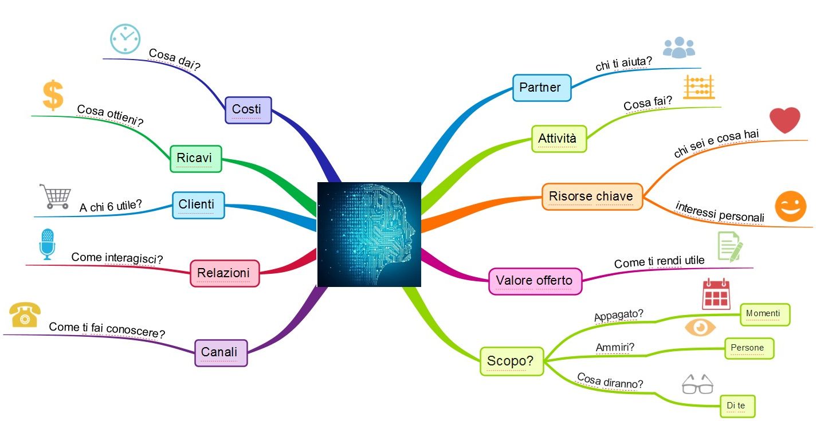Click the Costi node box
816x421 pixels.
point(248,110)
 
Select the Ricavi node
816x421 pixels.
point(195,159)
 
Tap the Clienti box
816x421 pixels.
point(198,206)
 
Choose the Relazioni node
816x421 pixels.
point(225,273)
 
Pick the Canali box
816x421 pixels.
point(221,353)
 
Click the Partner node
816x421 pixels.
point(542,88)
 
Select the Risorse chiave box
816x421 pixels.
point(592,196)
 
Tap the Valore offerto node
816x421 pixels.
point(535,281)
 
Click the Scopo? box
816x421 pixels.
point(512,361)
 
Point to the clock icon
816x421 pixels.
point(125,39)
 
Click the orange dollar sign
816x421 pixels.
point(53,95)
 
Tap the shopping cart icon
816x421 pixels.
point(56,196)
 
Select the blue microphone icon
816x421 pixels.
point(48,245)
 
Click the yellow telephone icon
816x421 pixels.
point(25,314)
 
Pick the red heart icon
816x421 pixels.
point(784,120)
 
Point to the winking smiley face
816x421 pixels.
point(791,206)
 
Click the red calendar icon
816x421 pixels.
point(716,294)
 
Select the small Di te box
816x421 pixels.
point(737,406)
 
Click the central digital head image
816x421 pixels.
point(370,234)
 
